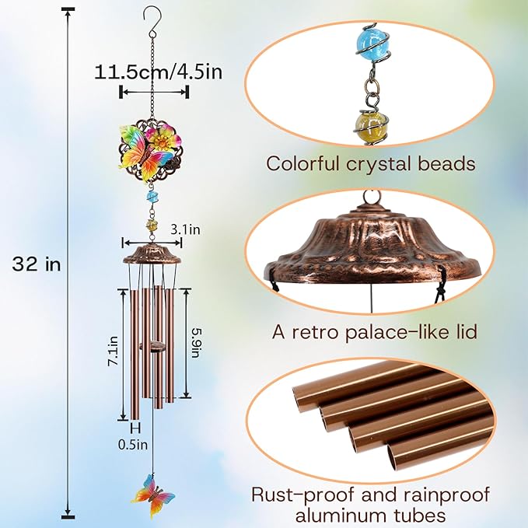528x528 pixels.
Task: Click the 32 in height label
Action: click(37, 264)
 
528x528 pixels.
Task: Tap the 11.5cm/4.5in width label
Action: click(159, 72)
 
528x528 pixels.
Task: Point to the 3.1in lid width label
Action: click(185, 229)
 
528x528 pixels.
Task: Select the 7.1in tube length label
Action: click(113, 351)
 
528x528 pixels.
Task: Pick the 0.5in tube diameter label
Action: click(133, 445)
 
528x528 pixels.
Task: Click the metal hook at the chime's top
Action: click(149, 21)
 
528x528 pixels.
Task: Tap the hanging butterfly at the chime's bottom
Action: click(153, 495)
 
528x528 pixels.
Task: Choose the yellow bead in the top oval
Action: click(371, 126)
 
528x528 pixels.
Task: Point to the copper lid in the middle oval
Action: click(371, 248)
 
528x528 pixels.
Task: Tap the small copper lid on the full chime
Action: click(152, 254)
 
